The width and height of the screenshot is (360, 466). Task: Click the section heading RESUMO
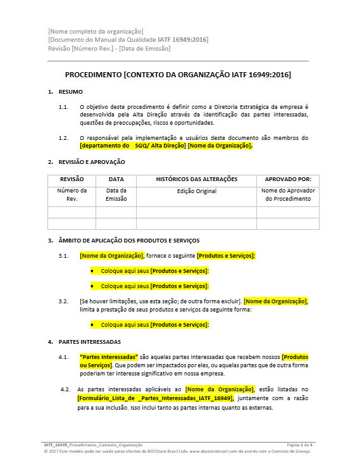click(x=70, y=92)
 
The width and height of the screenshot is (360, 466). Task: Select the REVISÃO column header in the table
click(x=71, y=180)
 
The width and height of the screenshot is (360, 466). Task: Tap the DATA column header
click(x=116, y=180)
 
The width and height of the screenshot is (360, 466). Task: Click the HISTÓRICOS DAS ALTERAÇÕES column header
click(x=196, y=180)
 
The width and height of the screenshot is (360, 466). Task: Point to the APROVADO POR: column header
click(x=287, y=180)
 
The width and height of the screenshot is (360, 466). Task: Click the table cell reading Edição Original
click(x=196, y=191)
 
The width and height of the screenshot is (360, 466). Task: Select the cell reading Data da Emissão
click(x=116, y=194)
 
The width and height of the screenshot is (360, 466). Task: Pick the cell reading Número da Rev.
click(x=71, y=194)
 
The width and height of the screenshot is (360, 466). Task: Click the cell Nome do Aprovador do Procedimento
click(x=287, y=194)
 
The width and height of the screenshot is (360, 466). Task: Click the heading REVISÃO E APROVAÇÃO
click(x=92, y=162)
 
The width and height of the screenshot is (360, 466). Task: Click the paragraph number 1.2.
click(x=63, y=137)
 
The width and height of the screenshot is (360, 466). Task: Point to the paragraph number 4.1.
click(x=63, y=357)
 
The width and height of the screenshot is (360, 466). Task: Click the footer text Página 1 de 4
click(x=299, y=446)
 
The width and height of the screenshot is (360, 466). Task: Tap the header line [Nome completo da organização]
click(x=96, y=32)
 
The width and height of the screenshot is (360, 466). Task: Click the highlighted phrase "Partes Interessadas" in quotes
click(x=109, y=357)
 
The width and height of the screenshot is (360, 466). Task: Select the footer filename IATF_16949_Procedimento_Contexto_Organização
click(x=93, y=446)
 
